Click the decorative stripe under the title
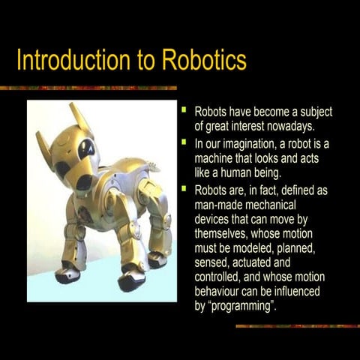point(90,88)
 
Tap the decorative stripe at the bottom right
point(296,325)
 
